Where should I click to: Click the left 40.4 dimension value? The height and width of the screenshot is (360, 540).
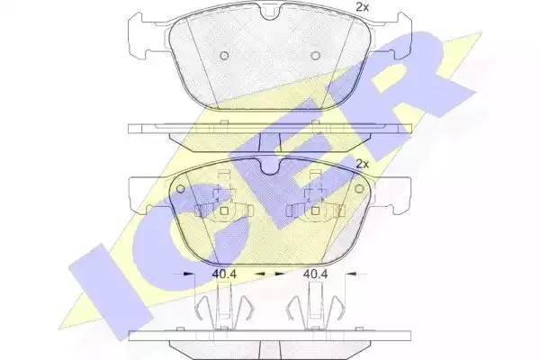coord(224,274)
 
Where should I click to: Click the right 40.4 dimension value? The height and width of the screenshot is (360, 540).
coord(315,274)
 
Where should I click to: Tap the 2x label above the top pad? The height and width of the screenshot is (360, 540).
coord(362,7)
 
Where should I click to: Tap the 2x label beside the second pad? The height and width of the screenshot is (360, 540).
coord(362,165)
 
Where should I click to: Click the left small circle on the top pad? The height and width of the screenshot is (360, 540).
coord(224,56)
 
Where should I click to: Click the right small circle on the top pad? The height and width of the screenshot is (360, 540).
coord(315,56)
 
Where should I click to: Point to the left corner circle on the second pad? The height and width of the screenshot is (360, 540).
coord(181,189)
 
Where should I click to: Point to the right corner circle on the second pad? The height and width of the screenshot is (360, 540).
coord(359,189)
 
